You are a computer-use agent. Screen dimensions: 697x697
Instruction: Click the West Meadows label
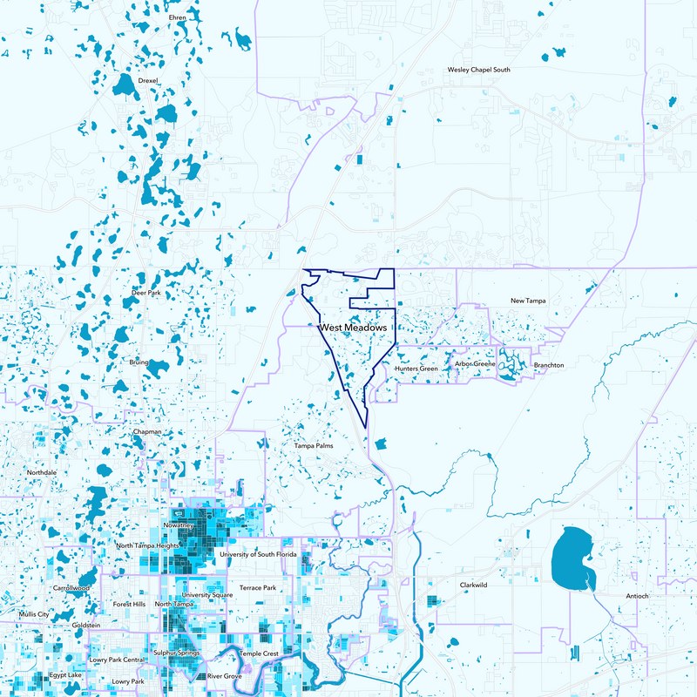353,328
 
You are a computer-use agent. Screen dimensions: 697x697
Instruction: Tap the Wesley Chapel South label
478,69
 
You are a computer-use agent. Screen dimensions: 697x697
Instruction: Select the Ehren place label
179,17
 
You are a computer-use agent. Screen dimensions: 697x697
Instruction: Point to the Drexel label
148,80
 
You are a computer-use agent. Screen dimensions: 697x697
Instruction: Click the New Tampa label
528,301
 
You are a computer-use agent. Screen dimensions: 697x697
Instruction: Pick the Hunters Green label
416,369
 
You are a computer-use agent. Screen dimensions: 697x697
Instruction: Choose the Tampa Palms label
315,445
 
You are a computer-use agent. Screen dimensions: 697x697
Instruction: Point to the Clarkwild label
477,585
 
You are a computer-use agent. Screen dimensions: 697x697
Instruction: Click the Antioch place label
637,596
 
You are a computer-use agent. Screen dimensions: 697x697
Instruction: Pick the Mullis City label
34,614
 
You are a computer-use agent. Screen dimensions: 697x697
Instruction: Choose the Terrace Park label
258,588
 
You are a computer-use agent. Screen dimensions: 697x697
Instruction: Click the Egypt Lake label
65,675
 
